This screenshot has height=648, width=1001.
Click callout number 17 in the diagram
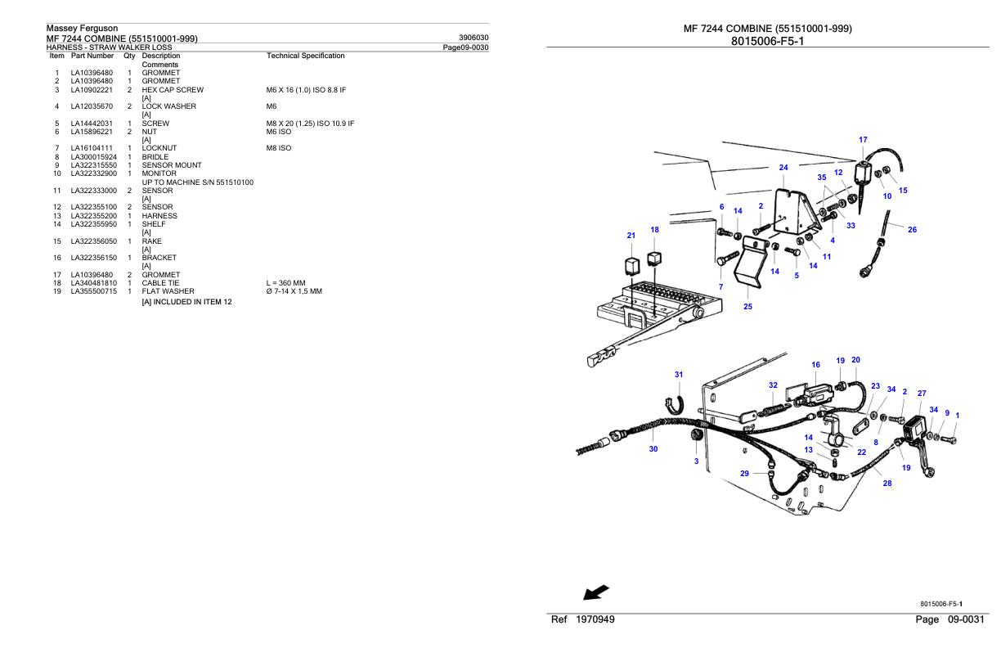tap(863, 140)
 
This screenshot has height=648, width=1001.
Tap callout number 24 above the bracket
tap(783, 168)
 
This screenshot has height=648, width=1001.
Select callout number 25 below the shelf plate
tap(747, 307)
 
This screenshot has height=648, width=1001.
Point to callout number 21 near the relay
tap(631, 236)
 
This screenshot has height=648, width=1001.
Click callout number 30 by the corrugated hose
tap(653, 448)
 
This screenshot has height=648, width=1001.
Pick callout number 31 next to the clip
tap(679, 374)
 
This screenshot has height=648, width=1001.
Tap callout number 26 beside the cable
tap(912, 230)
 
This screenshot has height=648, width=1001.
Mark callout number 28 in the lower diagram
tap(887, 484)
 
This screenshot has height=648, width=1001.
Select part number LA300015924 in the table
tap(93, 156)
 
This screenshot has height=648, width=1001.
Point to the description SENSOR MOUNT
tap(170, 164)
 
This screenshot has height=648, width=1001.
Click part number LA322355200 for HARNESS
tap(93, 216)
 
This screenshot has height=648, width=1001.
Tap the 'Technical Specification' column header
tap(305, 56)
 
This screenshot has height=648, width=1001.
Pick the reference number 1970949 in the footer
tap(593, 619)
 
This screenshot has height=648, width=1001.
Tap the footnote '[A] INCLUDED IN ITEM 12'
tap(187, 302)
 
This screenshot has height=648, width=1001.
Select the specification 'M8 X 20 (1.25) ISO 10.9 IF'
tap(310, 124)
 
